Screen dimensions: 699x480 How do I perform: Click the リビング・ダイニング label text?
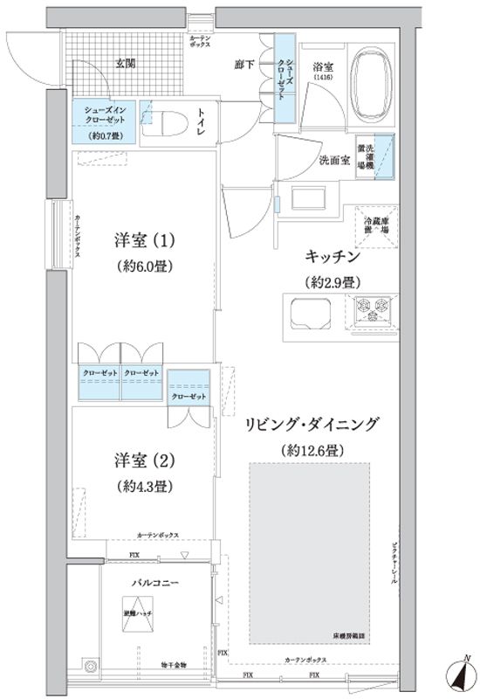click(x=312, y=426)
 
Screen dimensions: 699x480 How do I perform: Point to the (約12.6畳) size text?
click(x=312, y=450)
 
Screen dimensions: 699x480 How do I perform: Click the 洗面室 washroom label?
click(x=334, y=160)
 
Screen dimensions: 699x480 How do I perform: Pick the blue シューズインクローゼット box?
click(x=103, y=122)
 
